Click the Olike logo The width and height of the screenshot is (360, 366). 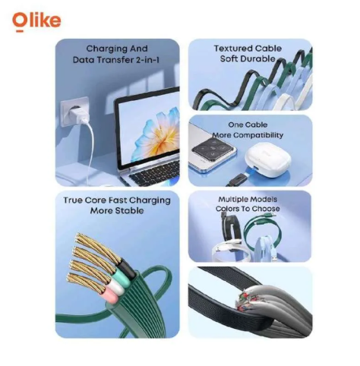(x=36, y=21)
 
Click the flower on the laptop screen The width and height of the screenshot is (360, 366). (x=156, y=134)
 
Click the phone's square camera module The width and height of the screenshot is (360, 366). (x=213, y=151)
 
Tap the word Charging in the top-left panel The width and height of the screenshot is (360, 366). (x=106, y=49)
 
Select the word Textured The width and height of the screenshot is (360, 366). (x=233, y=49)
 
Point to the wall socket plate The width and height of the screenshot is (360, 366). (x=75, y=112)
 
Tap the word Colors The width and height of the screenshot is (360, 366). (x=226, y=209)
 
